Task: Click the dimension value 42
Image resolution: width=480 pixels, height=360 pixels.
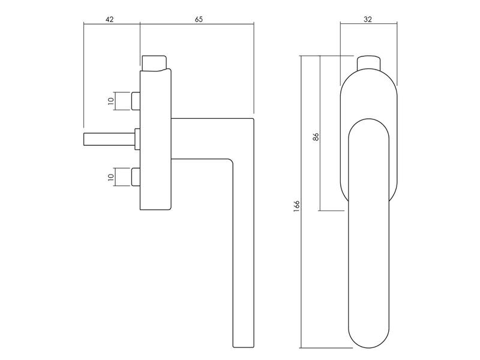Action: pyautogui.click(x=110, y=19)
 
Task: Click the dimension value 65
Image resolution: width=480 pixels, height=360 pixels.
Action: pyautogui.click(x=199, y=19)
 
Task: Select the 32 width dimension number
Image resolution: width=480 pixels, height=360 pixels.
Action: pyautogui.click(x=368, y=19)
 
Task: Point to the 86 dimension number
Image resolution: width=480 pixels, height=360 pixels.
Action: pyautogui.click(x=316, y=137)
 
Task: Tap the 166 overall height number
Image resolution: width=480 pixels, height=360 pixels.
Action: pyautogui.click(x=296, y=206)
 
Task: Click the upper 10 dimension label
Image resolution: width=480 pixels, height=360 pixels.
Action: pyautogui.click(x=111, y=100)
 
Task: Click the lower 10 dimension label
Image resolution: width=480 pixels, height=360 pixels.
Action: pyautogui.click(x=111, y=176)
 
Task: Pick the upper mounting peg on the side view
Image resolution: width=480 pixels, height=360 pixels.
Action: pyautogui.click(x=136, y=101)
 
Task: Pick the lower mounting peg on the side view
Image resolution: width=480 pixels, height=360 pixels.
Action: pyautogui.click(x=136, y=176)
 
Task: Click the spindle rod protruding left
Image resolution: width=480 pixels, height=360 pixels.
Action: pyautogui.click(x=109, y=139)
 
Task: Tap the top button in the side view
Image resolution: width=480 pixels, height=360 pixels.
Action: pyautogui.click(x=154, y=63)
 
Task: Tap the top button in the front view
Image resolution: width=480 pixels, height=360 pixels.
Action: pyautogui.click(x=369, y=63)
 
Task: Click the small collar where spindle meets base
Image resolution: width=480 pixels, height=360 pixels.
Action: pyautogui.click(x=137, y=139)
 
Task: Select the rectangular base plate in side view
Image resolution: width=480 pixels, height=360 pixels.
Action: pyautogui.click(x=155, y=140)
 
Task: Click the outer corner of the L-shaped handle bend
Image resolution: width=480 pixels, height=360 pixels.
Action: pyautogui.click(x=253, y=119)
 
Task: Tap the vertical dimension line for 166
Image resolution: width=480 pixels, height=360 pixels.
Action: pyautogui.click(x=301, y=202)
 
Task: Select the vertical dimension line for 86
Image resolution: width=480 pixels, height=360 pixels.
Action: pyautogui.click(x=320, y=133)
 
